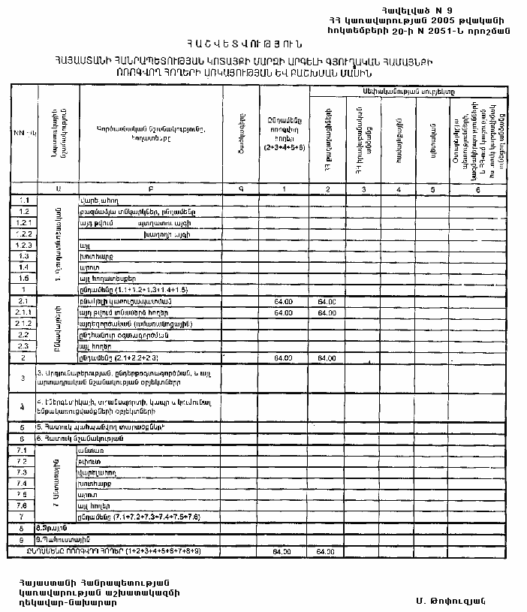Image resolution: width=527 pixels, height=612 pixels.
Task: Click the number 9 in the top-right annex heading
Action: (450, 11)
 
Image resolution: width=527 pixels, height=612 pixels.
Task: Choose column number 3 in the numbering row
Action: (363, 190)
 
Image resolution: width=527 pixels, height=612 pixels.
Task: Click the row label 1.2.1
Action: (24, 224)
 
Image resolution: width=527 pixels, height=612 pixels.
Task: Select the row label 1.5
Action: (24, 278)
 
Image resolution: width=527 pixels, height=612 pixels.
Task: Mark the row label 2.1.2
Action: (24, 324)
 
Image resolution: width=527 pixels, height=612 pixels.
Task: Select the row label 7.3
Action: (23, 472)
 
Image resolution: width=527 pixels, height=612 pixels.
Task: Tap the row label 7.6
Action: (23, 506)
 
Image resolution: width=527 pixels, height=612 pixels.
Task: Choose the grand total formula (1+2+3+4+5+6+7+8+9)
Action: (146, 551)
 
